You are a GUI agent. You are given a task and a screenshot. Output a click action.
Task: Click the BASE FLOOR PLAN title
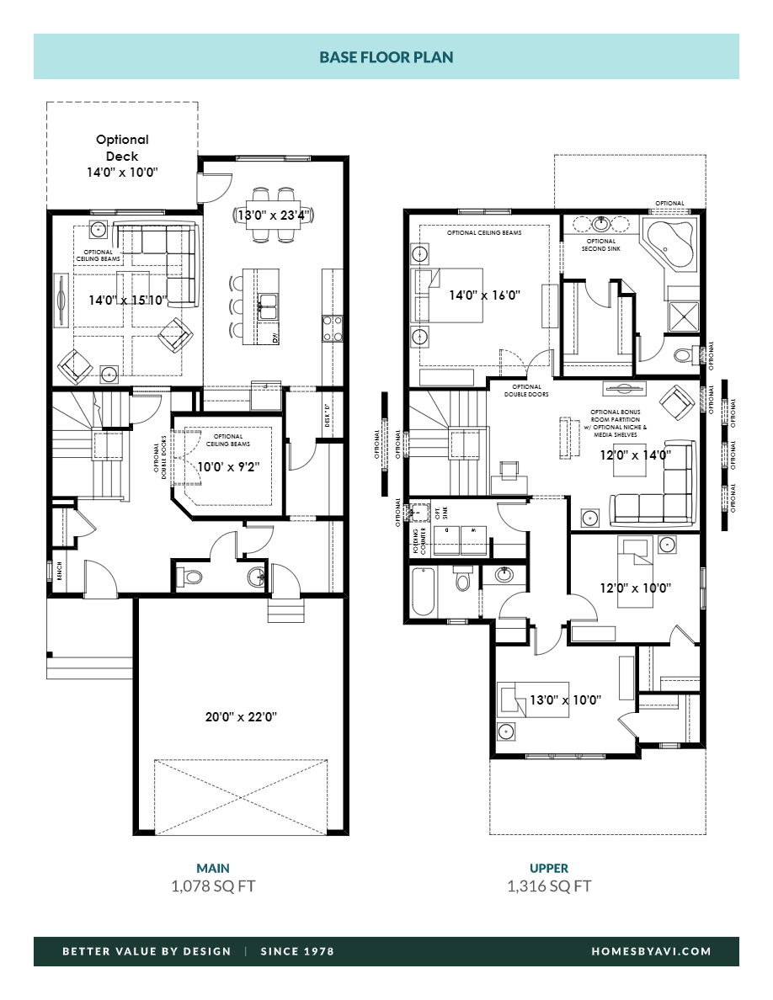click(x=386, y=57)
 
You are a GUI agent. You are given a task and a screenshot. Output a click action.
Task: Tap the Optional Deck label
click(x=122, y=148)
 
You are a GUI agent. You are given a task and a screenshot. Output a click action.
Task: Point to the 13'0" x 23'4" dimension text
click(x=274, y=215)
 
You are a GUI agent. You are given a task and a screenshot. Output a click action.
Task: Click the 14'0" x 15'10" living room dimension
click(x=129, y=299)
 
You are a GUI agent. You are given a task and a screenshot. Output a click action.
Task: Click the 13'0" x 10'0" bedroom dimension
click(x=565, y=699)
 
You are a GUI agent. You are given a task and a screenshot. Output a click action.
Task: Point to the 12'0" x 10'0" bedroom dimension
click(x=635, y=586)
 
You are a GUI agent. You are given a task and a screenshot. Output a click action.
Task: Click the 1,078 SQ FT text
click(x=213, y=886)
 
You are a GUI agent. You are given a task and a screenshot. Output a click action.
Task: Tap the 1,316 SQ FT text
click(x=549, y=886)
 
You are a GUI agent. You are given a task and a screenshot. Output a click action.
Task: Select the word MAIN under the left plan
click(x=213, y=868)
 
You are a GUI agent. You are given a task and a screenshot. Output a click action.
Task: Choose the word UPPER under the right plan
click(x=549, y=868)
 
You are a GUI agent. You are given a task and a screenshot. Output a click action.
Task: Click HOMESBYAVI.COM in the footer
click(x=651, y=951)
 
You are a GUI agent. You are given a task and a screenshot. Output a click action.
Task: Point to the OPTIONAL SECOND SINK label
click(x=601, y=246)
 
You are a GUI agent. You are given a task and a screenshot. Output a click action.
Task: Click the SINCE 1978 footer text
click(x=297, y=951)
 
